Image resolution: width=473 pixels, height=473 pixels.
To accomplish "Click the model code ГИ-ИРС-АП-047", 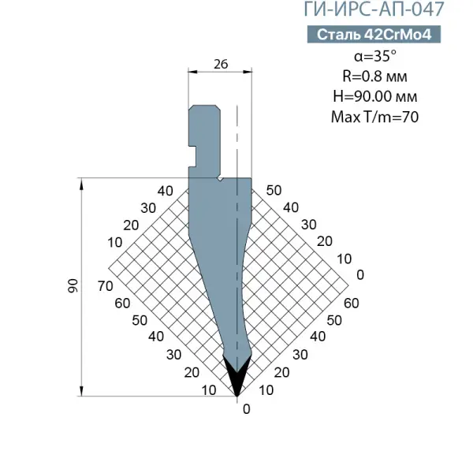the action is [x=374, y=9].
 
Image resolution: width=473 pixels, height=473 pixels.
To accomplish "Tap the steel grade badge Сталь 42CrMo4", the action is [x=374, y=35].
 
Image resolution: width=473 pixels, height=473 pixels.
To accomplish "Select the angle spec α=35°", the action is [x=375, y=56].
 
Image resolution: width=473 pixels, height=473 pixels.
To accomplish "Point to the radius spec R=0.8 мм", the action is [x=374, y=76].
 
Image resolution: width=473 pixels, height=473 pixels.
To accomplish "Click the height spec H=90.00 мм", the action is [x=375, y=96].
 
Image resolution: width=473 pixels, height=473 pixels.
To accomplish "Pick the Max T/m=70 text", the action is [x=374, y=117].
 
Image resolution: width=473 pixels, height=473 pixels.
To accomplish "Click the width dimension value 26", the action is [x=221, y=64].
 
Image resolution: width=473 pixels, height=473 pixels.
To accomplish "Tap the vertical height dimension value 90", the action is [x=73, y=285].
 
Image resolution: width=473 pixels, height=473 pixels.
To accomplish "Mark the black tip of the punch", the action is [x=236, y=375].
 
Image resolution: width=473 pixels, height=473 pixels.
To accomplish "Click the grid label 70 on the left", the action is [x=106, y=285].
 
